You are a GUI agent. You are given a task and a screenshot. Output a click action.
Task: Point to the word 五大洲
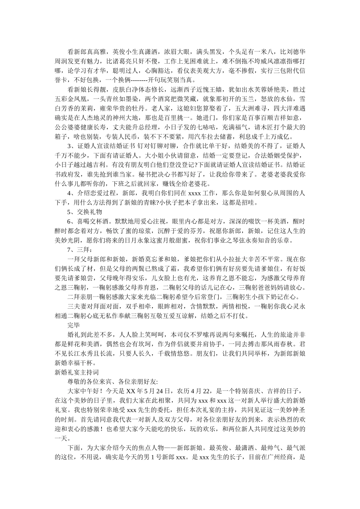click(x=249, y=108)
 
